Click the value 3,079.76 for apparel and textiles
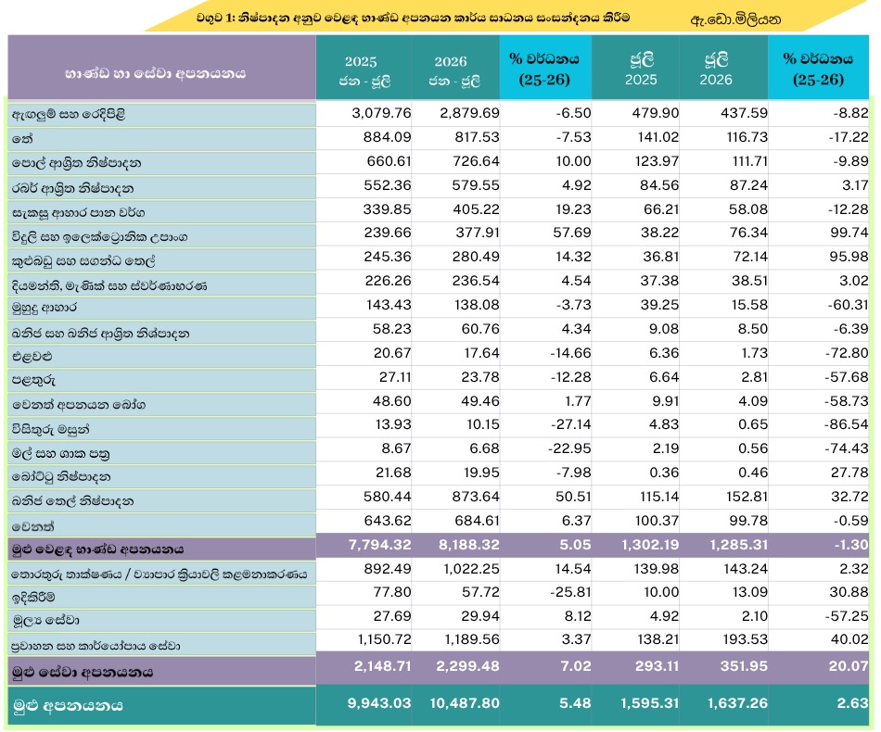click(x=381, y=113)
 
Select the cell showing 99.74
click(x=848, y=233)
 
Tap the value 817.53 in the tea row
click(x=476, y=137)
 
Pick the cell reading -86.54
click(x=846, y=424)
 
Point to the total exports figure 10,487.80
click(x=464, y=703)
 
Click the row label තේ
click(x=22, y=139)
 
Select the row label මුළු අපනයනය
click(x=68, y=706)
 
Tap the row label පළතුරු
click(x=33, y=380)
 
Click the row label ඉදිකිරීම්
click(x=33, y=598)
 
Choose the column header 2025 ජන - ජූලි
click(x=364, y=70)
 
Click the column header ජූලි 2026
click(x=716, y=69)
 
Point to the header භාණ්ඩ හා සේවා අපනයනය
click(x=155, y=73)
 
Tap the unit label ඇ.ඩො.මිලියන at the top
click(x=735, y=20)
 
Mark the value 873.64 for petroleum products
click(x=476, y=497)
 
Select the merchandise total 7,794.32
click(x=380, y=545)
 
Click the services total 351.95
click(x=744, y=666)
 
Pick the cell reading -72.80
click(x=847, y=353)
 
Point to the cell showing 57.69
click(x=572, y=233)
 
